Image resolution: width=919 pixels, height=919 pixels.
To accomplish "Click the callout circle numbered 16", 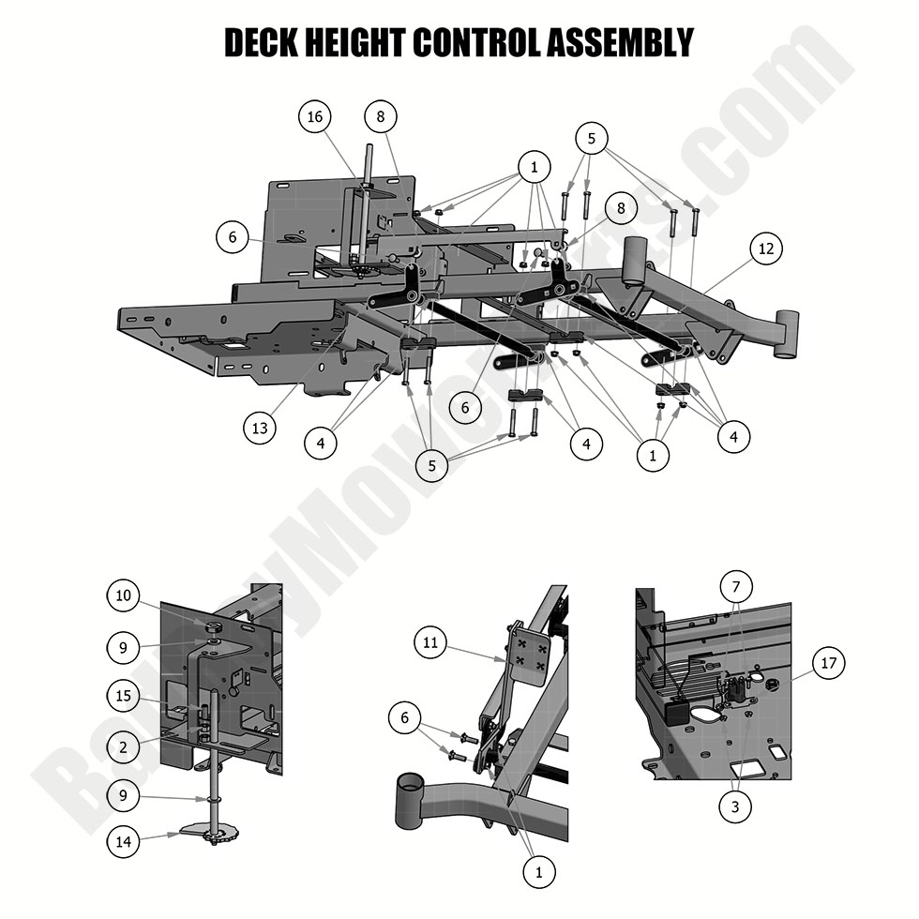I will pyautogui.click(x=315, y=116).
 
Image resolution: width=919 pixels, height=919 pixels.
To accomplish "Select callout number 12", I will pyautogui.click(x=767, y=248).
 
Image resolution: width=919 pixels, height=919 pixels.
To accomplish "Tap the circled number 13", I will pyautogui.click(x=260, y=429).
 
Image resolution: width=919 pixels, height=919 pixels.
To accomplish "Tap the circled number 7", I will pyautogui.click(x=736, y=588).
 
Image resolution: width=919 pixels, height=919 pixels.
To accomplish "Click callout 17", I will pyautogui.click(x=827, y=664).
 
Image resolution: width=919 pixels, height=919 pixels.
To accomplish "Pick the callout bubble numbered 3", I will pyautogui.click(x=735, y=806).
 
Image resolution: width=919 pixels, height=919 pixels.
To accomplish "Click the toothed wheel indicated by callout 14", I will pyautogui.click(x=210, y=833).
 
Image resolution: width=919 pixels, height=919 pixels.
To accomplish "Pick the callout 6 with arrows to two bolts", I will pyautogui.click(x=405, y=717).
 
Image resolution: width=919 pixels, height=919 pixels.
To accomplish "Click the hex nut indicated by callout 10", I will pyautogui.click(x=213, y=625).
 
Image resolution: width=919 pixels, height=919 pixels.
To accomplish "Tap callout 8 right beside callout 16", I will pyautogui.click(x=380, y=116).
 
